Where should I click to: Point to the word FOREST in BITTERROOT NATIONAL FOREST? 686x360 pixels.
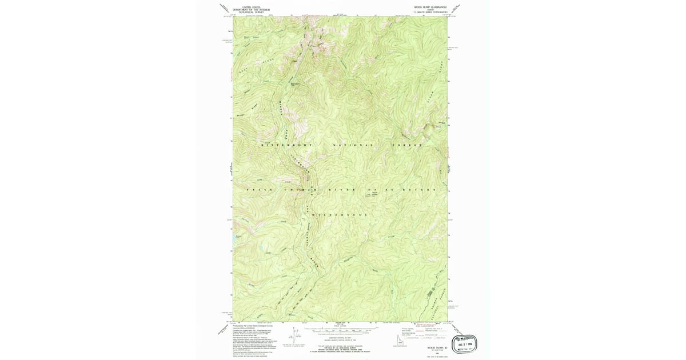[406, 146]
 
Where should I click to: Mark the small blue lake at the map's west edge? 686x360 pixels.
[238, 237]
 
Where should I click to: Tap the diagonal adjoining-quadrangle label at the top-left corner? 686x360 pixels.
[224, 8]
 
